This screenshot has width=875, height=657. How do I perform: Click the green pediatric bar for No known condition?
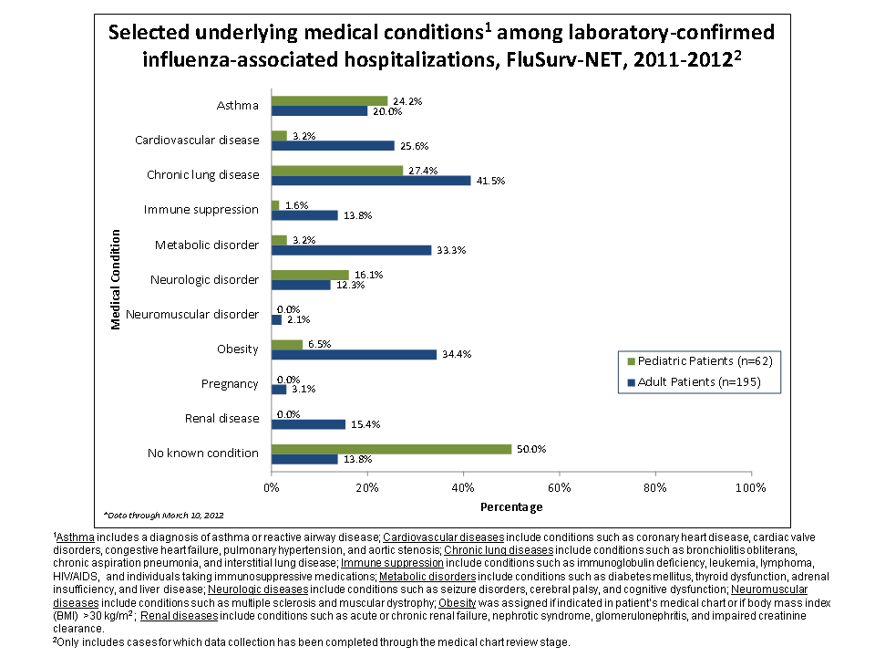pyautogui.click(x=391, y=448)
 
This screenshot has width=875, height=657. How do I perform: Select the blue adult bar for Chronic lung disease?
pyautogui.click(x=371, y=181)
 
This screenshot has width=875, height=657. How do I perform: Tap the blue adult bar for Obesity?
pyautogui.click(x=354, y=354)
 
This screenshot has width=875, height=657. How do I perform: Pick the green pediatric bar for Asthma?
pyautogui.click(x=329, y=100)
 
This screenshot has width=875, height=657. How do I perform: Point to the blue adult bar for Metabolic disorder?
pyautogui.click(x=351, y=250)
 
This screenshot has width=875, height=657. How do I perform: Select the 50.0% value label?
pyautogui.click(x=530, y=448)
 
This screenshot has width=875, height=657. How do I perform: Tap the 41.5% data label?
pyautogui.click(x=490, y=181)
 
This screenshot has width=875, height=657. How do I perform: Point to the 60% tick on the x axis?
pyautogui.click(x=559, y=487)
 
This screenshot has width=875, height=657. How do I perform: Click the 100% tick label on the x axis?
pyautogui.click(x=750, y=487)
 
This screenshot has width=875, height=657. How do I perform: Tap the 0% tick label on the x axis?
pyautogui.click(x=272, y=487)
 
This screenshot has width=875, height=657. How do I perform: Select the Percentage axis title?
pyautogui.click(x=510, y=506)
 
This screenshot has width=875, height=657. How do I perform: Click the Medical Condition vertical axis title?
pyautogui.click(x=116, y=279)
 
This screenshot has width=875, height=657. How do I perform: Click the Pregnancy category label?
pyautogui.click(x=230, y=383)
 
